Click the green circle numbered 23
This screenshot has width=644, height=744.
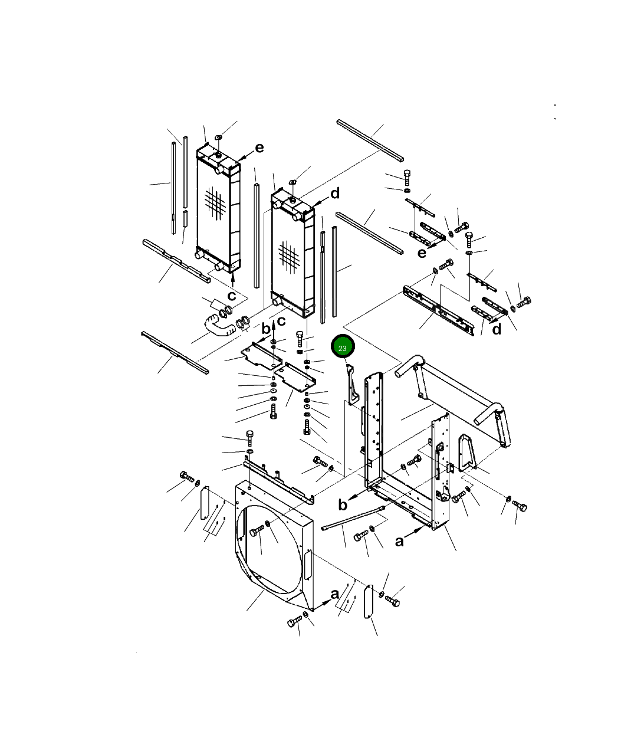pyautogui.click(x=343, y=346)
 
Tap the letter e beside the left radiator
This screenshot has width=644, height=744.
pyautogui.click(x=259, y=148)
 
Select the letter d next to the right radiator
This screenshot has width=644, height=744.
pyautogui.click(x=335, y=194)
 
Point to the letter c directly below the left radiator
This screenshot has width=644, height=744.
pyautogui.click(x=232, y=296)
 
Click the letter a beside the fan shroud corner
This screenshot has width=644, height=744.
pyautogui.click(x=334, y=594)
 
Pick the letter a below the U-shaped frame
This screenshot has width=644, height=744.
pyautogui.click(x=399, y=542)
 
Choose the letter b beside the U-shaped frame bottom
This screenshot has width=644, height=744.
pyautogui.click(x=343, y=504)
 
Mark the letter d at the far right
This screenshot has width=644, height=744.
pyautogui.click(x=497, y=329)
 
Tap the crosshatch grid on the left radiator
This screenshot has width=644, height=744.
pyautogui.click(x=215, y=202)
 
